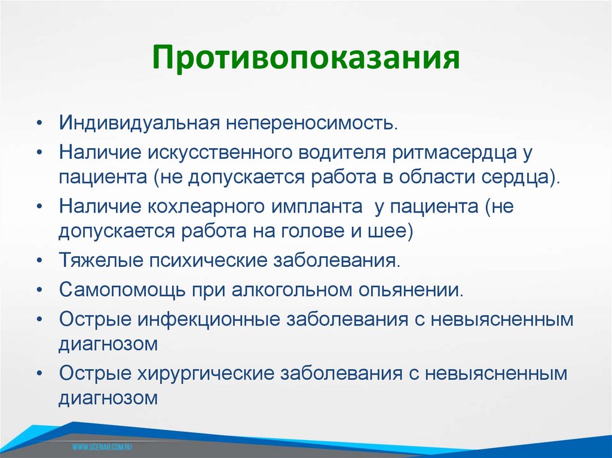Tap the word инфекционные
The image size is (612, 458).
pos(210,319)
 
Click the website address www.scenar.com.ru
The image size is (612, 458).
pos(102,447)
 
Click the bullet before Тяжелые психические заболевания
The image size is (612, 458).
pos(39,262)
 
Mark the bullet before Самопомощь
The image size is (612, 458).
pos(39,291)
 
